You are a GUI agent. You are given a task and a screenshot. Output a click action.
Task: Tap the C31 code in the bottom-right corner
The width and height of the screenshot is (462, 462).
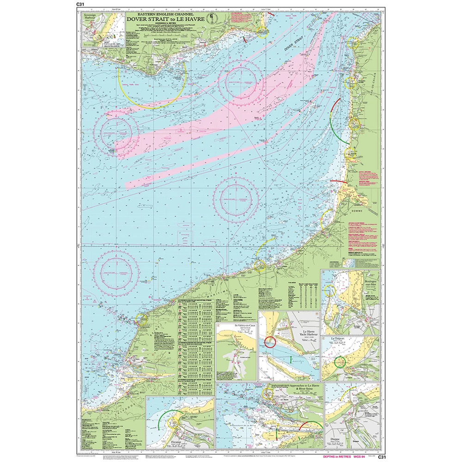381,457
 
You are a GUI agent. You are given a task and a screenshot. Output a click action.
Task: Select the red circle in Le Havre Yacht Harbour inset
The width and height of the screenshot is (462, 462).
270,342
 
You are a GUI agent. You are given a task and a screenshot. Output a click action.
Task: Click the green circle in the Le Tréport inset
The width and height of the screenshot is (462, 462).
340,362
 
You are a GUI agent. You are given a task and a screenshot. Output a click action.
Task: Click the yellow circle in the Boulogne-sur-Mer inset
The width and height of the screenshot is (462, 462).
329,290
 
